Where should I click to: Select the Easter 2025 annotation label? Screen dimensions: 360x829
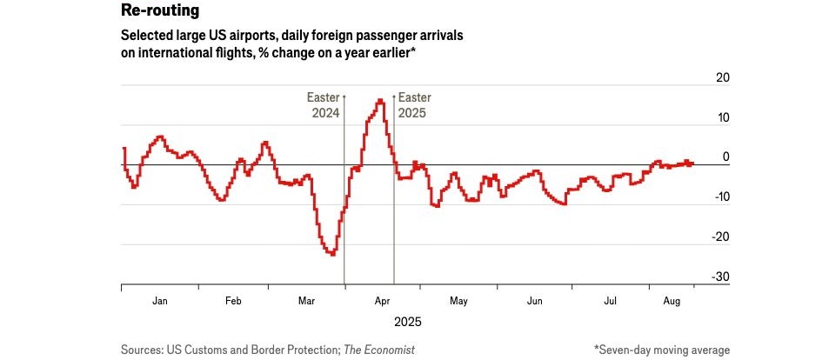click(414, 105)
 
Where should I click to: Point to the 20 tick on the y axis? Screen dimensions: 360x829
click(722, 78)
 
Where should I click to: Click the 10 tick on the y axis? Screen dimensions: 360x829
click(722, 117)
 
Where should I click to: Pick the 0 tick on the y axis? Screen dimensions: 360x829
click(725, 157)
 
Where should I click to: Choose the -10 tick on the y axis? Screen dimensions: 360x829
click(719, 197)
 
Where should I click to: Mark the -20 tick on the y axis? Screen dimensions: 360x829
click(719, 237)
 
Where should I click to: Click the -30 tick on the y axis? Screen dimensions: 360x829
click(719, 277)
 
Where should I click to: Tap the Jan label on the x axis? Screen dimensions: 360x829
click(160, 301)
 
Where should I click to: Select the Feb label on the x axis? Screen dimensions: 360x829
click(233, 301)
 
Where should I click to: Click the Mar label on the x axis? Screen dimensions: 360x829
click(306, 301)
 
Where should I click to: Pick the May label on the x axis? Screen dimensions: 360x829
click(458, 301)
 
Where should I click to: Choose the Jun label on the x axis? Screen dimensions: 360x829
click(534, 301)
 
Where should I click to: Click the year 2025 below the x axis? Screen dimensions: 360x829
click(407, 322)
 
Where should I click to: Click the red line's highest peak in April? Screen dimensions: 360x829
click(380, 101)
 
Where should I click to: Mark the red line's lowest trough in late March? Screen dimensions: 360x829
click(332, 254)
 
